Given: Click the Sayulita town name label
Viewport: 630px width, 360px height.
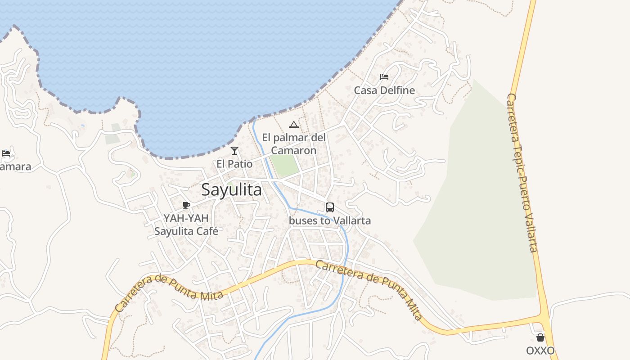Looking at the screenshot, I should pos(231,190).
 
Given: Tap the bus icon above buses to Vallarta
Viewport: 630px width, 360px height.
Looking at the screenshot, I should pos(330,207).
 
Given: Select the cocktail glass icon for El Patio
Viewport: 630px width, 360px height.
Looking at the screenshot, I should pos(234,151).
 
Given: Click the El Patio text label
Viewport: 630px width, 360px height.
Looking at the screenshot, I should pos(234,164).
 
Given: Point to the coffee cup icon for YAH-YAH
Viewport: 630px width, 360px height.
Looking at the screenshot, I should pos(186,206).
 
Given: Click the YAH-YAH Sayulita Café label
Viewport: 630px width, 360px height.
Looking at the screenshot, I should pos(186,225).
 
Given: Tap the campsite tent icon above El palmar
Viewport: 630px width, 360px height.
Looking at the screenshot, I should pos(294,125).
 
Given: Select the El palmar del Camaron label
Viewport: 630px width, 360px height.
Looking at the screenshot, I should pos(294,144).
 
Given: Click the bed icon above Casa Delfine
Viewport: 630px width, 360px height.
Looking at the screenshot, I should pos(384,77).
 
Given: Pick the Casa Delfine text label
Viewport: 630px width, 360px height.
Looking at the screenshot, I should pos(384,90).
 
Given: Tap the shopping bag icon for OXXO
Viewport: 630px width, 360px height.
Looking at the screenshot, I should pos(540,337).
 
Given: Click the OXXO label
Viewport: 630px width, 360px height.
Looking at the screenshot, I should pos(540,351).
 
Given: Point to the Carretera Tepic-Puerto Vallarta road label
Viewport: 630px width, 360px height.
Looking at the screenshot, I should pos(522,173).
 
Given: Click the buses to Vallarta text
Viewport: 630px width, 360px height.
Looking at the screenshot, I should pos(330,220).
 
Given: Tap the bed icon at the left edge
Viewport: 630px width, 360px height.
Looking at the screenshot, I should pos(6,153).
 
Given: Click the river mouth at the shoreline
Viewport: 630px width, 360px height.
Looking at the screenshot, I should pos(254,120).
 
